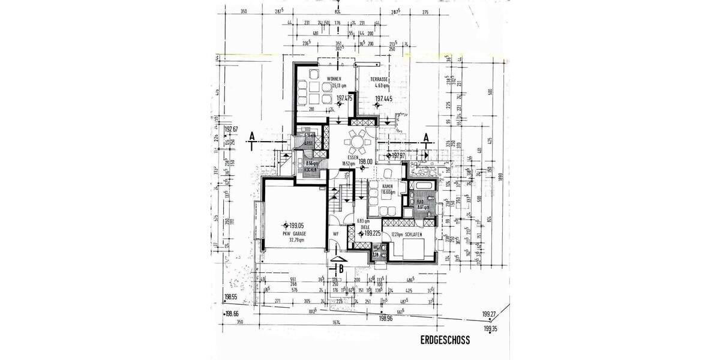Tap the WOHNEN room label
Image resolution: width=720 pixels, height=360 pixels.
pyautogui.click(x=334, y=79)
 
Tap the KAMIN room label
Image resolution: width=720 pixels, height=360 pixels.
pyautogui.click(x=388, y=187)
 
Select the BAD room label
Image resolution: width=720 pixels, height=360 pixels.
pyautogui.click(x=421, y=202)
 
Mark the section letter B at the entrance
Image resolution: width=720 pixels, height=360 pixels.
pyautogui.click(x=341, y=268)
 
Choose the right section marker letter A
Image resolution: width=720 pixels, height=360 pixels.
pyautogui.click(x=426, y=137)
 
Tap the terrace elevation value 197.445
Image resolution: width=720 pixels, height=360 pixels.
pyautogui.click(x=384, y=98)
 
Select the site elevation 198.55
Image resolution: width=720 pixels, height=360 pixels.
pyautogui.click(x=232, y=296)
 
